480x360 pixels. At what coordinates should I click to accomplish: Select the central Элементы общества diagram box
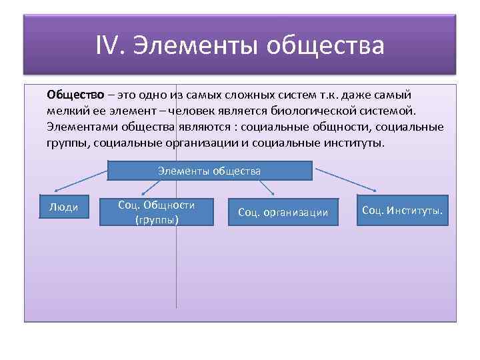click(209, 171)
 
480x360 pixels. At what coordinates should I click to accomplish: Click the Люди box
click(64, 207)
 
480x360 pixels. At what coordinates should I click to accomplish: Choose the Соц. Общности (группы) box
click(156, 212)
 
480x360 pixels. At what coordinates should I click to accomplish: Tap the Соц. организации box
click(283, 212)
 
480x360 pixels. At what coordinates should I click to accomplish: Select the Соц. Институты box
click(403, 211)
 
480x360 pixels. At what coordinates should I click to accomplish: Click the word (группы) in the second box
click(157, 219)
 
